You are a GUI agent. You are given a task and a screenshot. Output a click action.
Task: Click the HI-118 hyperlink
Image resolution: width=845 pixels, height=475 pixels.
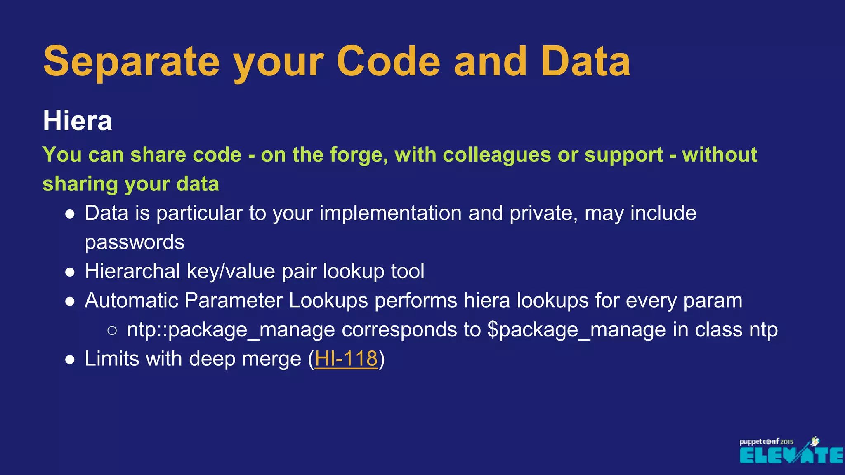pos(346,358)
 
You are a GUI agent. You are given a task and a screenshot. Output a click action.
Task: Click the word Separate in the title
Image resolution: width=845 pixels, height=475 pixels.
pos(131,62)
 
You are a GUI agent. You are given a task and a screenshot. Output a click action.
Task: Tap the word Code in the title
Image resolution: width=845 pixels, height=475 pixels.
pos(388,62)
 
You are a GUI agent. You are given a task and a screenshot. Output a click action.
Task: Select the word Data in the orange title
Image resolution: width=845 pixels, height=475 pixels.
pos(585,62)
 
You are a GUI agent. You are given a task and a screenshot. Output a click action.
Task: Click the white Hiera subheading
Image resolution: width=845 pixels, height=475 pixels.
pos(78,121)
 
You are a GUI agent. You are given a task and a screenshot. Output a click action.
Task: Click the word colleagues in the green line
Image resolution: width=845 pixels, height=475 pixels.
pos(496,155)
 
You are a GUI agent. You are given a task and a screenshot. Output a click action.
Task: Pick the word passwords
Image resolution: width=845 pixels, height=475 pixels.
pos(135,242)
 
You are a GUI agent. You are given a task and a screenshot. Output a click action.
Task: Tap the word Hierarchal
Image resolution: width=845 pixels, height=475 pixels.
pos(132,271)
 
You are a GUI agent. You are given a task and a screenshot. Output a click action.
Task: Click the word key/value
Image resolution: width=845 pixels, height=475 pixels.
pos(231,271)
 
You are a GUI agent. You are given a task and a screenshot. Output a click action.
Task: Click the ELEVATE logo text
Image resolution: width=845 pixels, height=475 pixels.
pos(791,456)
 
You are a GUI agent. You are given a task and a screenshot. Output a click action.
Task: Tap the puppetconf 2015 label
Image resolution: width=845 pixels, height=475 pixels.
pos(766,442)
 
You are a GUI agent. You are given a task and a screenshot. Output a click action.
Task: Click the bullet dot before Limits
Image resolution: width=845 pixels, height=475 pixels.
pos(70,359)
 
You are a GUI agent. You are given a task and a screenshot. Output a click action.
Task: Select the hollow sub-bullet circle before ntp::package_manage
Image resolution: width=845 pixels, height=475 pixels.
pos(112,330)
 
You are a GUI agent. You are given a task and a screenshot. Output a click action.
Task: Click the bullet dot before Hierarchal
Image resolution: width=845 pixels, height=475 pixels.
pos(70,272)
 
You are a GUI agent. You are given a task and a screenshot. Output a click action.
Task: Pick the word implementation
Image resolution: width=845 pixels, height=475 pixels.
pos(390,213)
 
